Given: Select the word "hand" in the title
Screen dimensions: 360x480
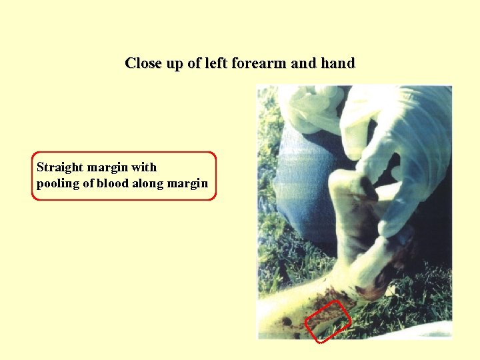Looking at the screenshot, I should point(337,63).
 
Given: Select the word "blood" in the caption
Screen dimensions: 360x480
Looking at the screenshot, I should point(113,183).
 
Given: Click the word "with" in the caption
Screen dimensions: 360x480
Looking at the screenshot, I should point(144,167).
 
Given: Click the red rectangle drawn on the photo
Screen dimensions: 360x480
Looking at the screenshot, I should point(328,321).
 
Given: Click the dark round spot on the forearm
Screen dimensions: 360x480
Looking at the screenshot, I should point(286,321).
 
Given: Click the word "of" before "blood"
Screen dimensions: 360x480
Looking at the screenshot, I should point(88,183).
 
